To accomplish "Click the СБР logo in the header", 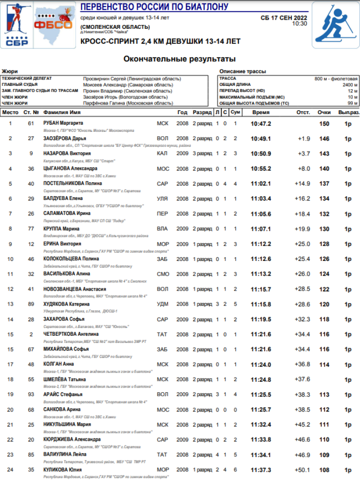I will click(x=17, y=25).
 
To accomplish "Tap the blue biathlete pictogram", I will click(x=335, y=25).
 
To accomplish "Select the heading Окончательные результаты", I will click(x=180, y=59).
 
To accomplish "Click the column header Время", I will click(x=261, y=112).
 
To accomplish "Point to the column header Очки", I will click(x=324, y=112).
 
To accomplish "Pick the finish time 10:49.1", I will click(x=261, y=139).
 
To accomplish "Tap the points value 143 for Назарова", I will click(x=324, y=153).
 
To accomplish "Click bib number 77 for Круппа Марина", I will click(x=31, y=229).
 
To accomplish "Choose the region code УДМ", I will click(x=163, y=305).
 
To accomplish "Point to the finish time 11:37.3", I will click(x=261, y=470).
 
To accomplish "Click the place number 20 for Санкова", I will click(x=10, y=410).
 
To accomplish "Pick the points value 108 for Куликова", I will click(x=324, y=470).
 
